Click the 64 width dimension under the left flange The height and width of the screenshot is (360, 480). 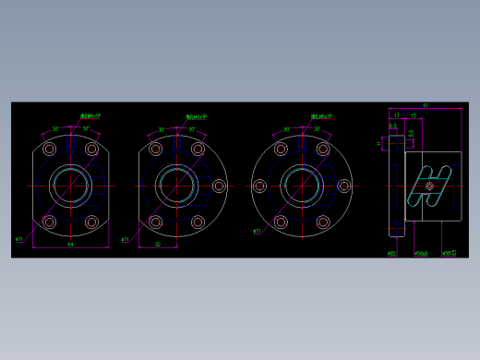tap(71, 245)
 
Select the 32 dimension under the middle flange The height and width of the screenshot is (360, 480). tap(158, 245)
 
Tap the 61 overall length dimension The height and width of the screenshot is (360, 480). tap(425, 105)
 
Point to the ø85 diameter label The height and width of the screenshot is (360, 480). tap(392, 252)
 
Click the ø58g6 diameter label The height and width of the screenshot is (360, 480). tap(421, 252)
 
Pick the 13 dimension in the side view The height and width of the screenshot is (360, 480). tap(396, 115)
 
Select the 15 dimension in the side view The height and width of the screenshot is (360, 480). tap(414, 115)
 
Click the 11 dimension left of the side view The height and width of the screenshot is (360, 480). tap(378, 143)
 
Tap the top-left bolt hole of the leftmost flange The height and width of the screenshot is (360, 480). tap(50, 149)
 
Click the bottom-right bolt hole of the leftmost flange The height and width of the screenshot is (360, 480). tap(91, 222)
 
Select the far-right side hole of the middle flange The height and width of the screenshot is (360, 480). tap(219, 186)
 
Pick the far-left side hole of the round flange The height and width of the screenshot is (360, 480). tap(260, 186)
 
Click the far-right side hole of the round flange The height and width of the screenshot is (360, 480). tap(344, 186)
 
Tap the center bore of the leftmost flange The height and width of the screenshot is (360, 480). tap(70, 186)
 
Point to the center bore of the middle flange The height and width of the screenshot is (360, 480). tap(175, 186)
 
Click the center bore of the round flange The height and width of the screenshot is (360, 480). tap(302, 186)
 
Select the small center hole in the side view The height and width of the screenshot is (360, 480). tap(430, 186)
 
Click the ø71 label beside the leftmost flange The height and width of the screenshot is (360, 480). tap(19, 239)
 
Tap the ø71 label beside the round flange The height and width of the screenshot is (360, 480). tap(257, 232)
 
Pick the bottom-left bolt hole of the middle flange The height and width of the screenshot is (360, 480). tap(155, 222)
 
